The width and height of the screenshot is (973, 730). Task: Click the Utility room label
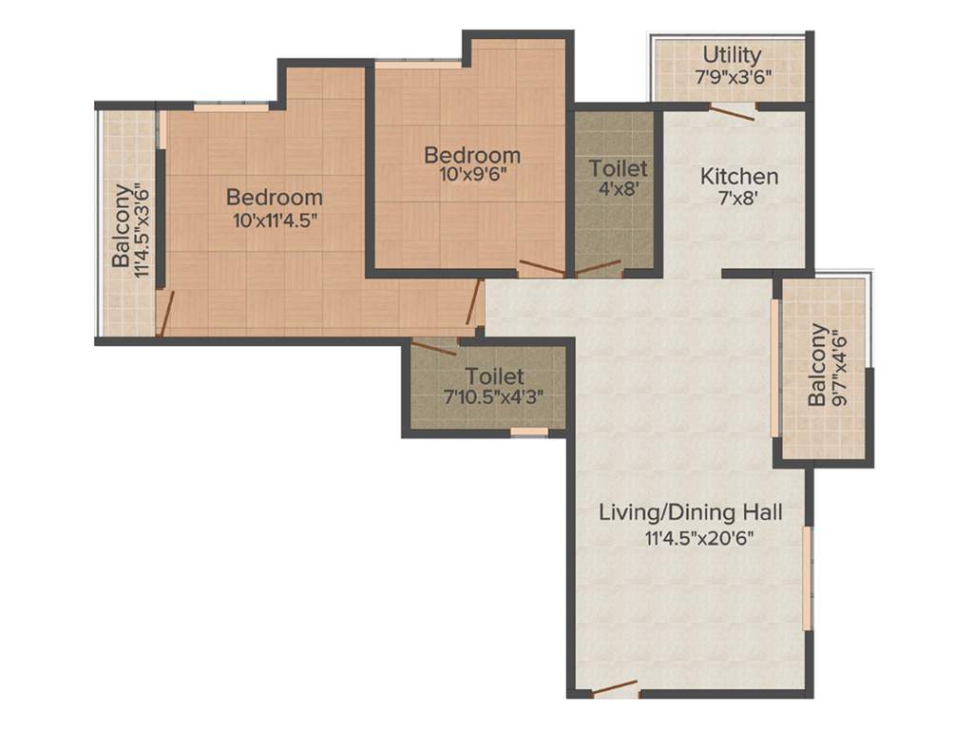[x=732, y=54]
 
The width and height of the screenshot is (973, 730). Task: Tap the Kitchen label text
[x=739, y=176]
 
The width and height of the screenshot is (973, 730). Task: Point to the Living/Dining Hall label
[x=691, y=513]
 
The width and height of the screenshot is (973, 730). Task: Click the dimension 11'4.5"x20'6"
[x=691, y=538]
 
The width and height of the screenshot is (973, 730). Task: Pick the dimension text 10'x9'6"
[x=471, y=177]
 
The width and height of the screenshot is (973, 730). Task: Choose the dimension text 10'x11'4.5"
[x=274, y=221]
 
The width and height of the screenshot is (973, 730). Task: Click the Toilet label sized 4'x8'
[x=618, y=168]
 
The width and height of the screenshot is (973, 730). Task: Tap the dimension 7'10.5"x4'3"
[x=493, y=399]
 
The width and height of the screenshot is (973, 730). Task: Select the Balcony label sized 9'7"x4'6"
[x=817, y=365]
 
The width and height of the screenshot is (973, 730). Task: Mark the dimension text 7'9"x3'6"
[x=732, y=76]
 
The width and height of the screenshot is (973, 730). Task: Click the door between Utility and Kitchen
[x=733, y=112]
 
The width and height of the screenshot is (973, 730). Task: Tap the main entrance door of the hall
[x=614, y=687]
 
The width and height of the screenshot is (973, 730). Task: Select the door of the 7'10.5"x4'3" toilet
[x=434, y=347]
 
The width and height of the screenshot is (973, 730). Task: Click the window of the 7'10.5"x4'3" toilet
[x=529, y=432]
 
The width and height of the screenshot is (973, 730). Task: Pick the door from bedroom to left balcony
[x=165, y=315]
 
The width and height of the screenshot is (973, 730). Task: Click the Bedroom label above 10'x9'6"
[x=471, y=155]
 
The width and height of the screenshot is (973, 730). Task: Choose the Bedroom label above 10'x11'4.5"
[x=274, y=198]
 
